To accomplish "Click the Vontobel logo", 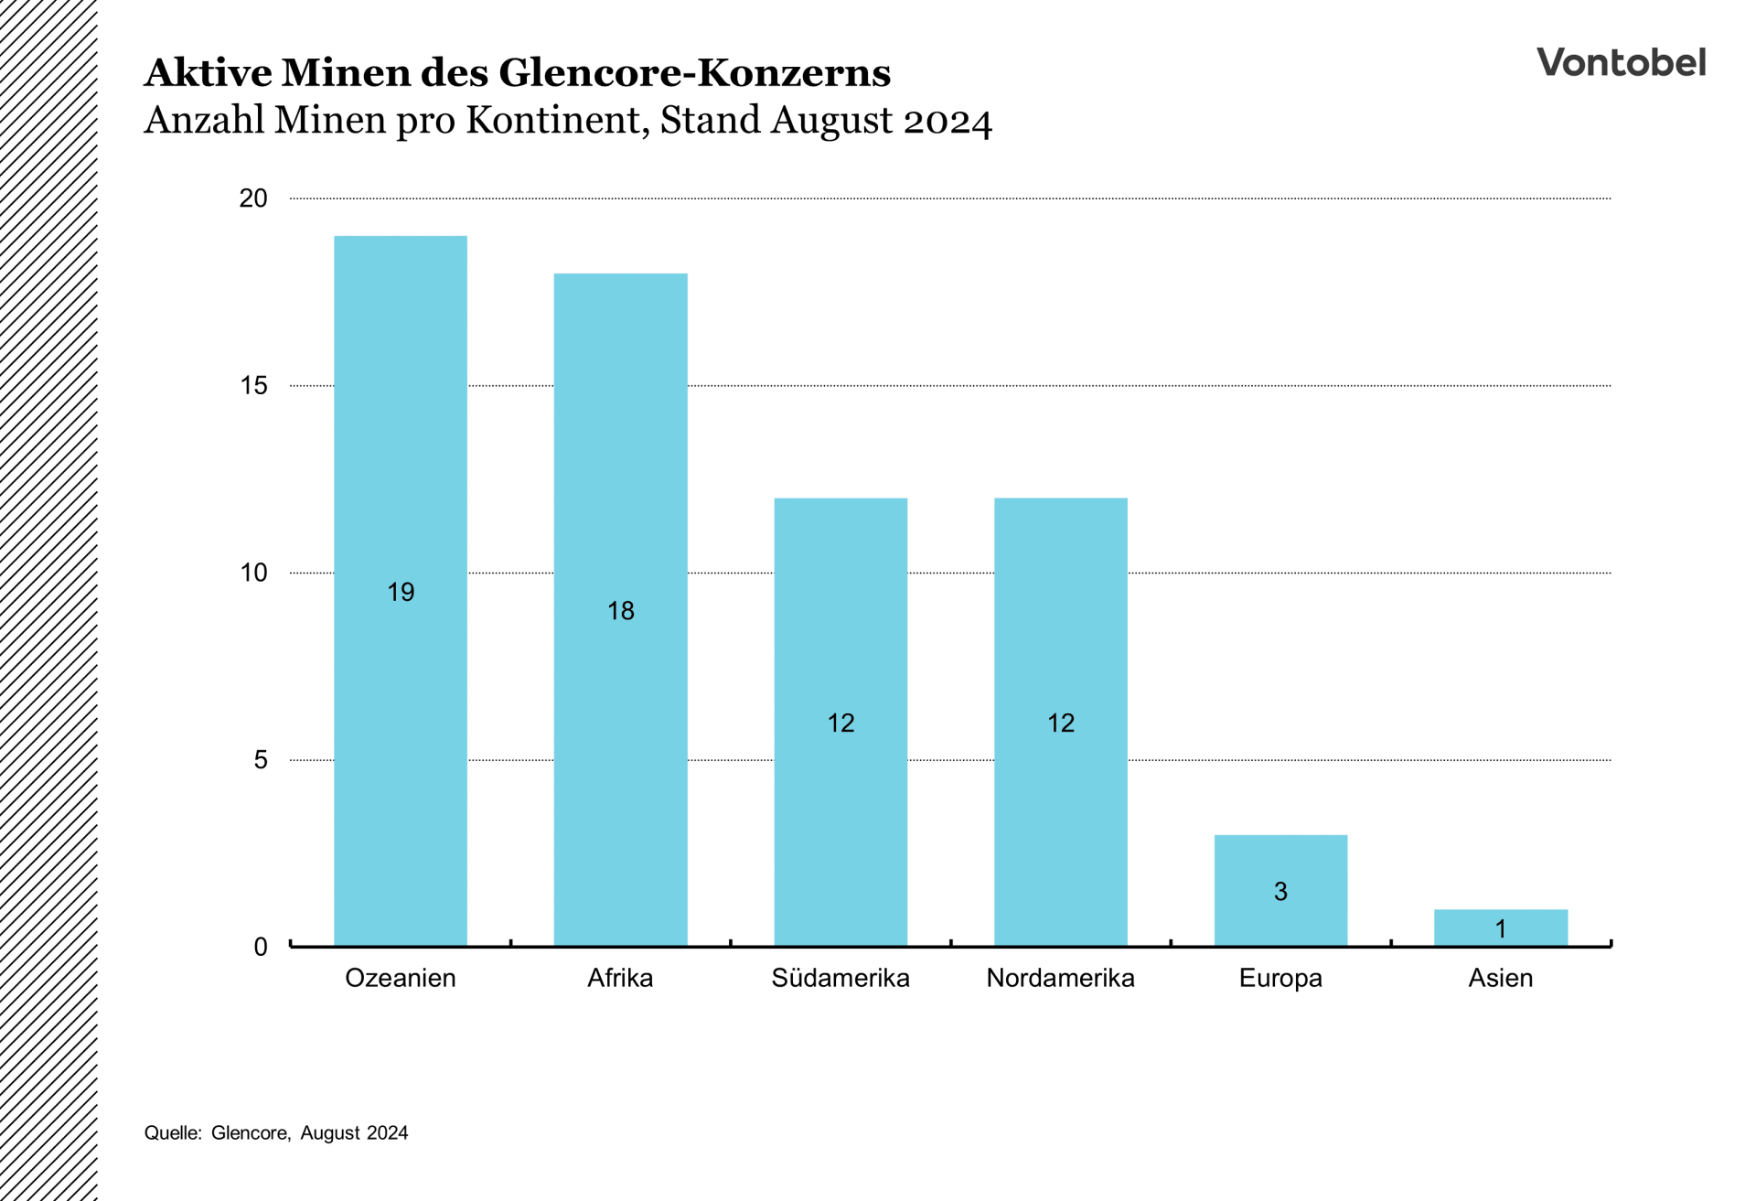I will click(1621, 62).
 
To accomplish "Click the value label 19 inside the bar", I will click(401, 593).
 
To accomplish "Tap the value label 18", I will click(620, 611).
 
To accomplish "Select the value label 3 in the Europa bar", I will click(1280, 892).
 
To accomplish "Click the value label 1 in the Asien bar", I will click(1501, 929).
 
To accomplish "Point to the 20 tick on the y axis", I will click(253, 198).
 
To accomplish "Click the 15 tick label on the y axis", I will click(253, 386).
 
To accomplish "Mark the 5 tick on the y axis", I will click(261, 760).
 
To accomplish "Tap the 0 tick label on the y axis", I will click(261, 948).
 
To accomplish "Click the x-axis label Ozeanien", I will click(401, 979).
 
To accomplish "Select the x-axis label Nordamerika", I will click(1061, 979).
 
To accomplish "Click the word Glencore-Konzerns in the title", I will click(694, 73).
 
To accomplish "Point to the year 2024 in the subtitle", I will click(948, 122).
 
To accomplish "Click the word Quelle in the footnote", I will click(172, 1133).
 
